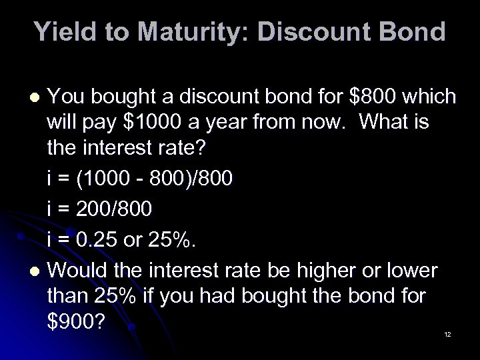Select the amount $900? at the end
(76, 321)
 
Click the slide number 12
(447, 334)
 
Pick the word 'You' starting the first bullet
(68, 97)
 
